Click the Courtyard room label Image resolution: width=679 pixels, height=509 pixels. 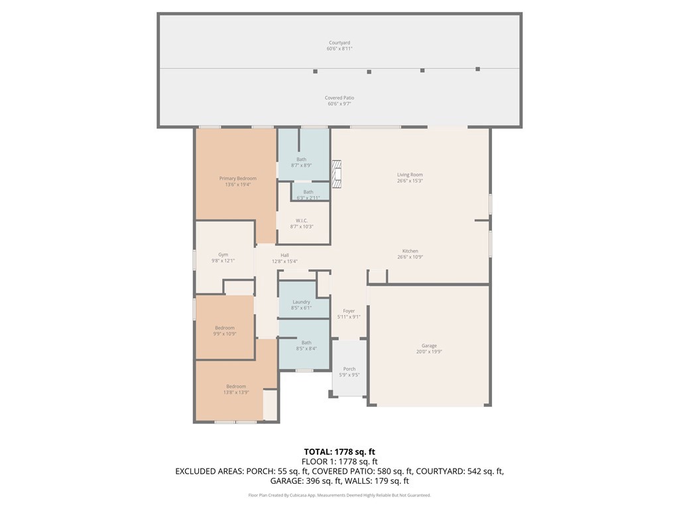(339, 43)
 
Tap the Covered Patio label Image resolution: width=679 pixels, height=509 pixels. (339, 98)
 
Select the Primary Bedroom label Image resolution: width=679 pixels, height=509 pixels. (237, 178)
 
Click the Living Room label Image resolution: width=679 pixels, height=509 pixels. (410, 175)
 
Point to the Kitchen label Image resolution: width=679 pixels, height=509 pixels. (410, 251)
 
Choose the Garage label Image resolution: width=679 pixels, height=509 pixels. (429, 346)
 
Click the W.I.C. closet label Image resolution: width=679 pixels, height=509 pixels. (301, 221)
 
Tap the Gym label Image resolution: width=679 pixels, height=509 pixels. (223, 254)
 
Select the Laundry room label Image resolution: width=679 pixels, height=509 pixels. (301, 302)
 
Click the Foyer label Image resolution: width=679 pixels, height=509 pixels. (349, 311)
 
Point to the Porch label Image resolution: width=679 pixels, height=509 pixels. (349, 369)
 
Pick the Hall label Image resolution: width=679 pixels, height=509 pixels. (284, 255)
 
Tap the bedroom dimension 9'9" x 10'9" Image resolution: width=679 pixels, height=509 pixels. (225, 334)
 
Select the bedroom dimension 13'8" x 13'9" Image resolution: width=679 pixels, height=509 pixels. (236, 392)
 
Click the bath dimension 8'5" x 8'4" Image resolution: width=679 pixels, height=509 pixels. (306, 349)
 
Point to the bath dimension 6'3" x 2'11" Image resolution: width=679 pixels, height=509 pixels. (308, 198)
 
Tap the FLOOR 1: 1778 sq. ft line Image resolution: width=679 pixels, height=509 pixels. (339, 461)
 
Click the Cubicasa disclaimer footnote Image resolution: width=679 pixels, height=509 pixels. (339, 495)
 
